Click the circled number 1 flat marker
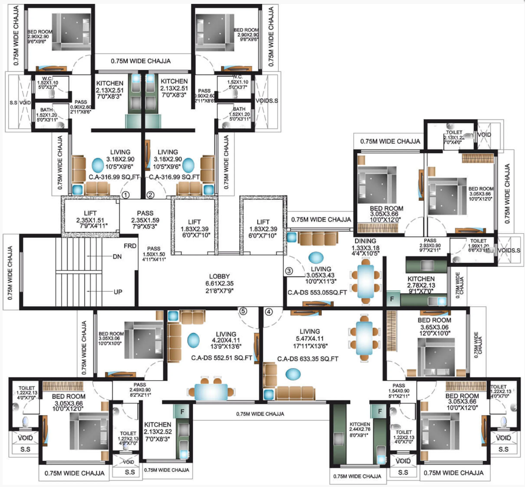pos(126,195)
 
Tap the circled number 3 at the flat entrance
pos(289,271)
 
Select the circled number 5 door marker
pos(243,311)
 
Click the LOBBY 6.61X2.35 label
pos(219,284)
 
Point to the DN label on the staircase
pos(117,256)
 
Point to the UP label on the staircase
pos(118,292)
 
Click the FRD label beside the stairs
pos(130,246)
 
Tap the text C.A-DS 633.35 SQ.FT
pos(308,359)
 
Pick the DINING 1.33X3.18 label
pos(365,247)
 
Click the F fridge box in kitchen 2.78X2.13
pos(392,299)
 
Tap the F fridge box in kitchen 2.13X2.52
pos(182,411)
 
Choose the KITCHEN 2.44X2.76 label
pos(360,430)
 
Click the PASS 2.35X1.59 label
pos(145,220)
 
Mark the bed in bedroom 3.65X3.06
pos(437,357)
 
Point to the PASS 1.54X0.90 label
pos(399,391)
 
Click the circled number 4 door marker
pos(268,312)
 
